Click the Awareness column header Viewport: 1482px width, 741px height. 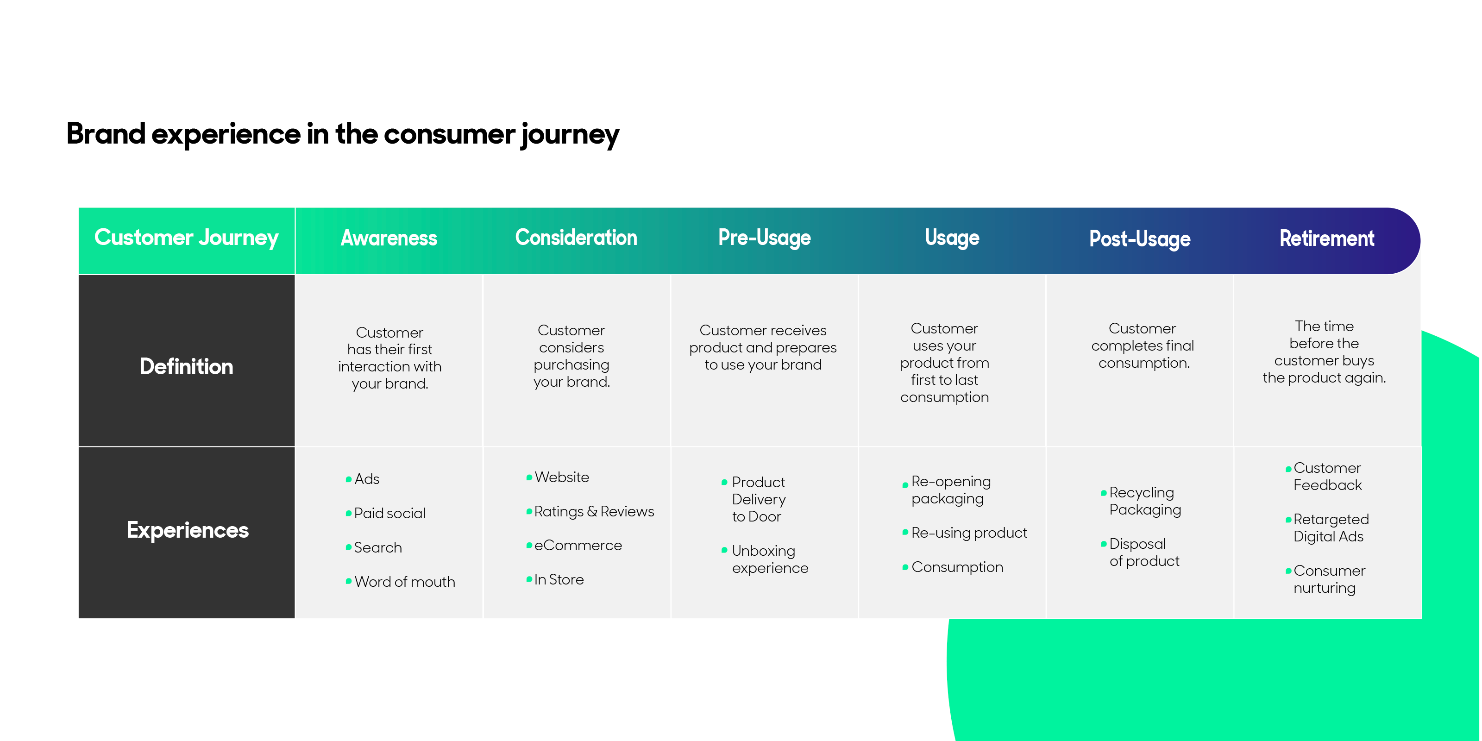pos(389,238)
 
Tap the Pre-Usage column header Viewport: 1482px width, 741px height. pos(764,238)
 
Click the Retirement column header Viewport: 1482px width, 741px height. pos(1327,238)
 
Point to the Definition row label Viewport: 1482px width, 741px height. pos(186,366)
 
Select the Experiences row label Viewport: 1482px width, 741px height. pos(188,530)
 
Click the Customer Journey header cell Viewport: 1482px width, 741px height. pos(186,238)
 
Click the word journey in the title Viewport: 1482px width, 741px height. pos(570,136)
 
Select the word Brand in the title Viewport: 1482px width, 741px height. pos(106,133)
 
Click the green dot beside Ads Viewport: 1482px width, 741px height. pos(349,479)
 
